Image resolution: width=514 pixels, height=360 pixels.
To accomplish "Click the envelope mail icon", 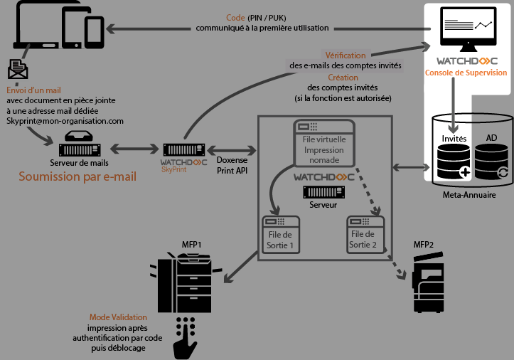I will tap(18, 69).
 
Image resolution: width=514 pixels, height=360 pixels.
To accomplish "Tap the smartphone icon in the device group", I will tap(95, 30).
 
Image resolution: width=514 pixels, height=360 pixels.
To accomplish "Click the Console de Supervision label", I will tap(466, 73).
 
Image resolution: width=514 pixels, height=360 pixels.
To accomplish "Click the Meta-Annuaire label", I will tap(469, 194).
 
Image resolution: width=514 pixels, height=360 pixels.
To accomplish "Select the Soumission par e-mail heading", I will tap(77, 176).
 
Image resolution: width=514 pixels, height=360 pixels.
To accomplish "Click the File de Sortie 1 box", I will tap(282, 234).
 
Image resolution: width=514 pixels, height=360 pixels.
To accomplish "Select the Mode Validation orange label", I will tap(118, 317).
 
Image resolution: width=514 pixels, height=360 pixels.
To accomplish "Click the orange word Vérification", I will tap(346, 55).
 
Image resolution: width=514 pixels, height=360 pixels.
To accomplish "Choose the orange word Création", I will tap(343, 78).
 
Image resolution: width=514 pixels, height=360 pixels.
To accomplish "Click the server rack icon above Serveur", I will tap(323, 191).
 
